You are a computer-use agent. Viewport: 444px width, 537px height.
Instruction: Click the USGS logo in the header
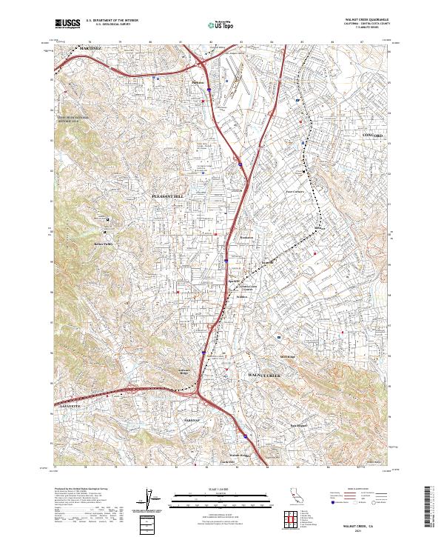tap(67, 24)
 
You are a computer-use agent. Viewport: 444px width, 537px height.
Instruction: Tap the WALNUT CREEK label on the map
tap(263, 377)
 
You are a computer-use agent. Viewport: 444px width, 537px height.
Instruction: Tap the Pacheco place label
tap(197, 81)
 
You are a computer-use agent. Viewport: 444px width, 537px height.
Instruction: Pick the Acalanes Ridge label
tap(185, 372)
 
